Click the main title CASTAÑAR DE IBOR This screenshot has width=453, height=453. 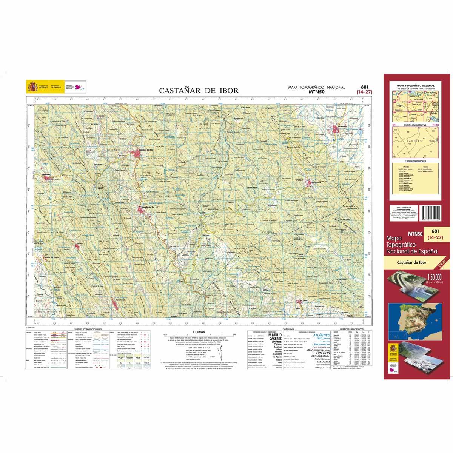199,91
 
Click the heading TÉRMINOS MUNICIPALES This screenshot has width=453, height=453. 416,160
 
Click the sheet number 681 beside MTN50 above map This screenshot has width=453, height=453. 364,87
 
